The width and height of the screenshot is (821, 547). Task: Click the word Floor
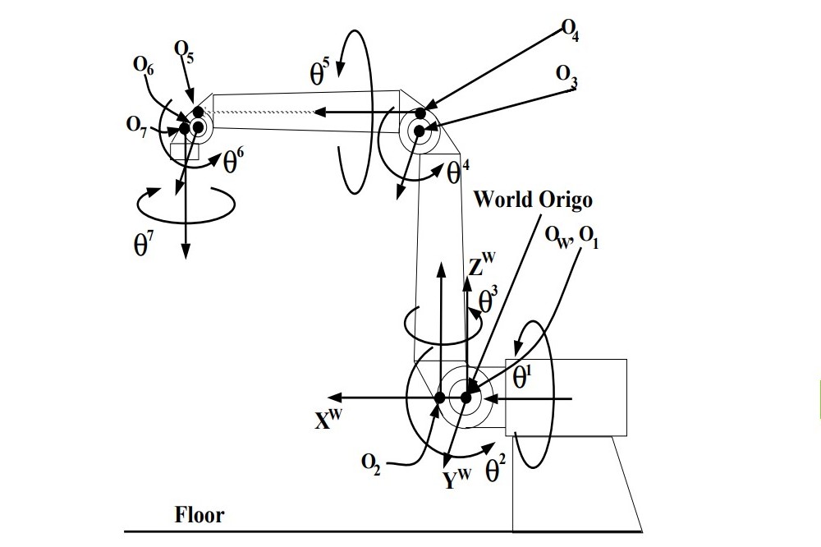(199, 516)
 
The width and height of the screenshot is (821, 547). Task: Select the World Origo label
(532, 200)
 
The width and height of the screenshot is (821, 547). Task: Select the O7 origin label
(137, 124)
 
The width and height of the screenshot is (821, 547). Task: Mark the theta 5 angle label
(320, 74)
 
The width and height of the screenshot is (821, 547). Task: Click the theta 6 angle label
(234, 163)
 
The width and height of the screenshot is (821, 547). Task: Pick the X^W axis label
(328, 419)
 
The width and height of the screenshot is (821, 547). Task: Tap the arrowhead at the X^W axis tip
(337, 398)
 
